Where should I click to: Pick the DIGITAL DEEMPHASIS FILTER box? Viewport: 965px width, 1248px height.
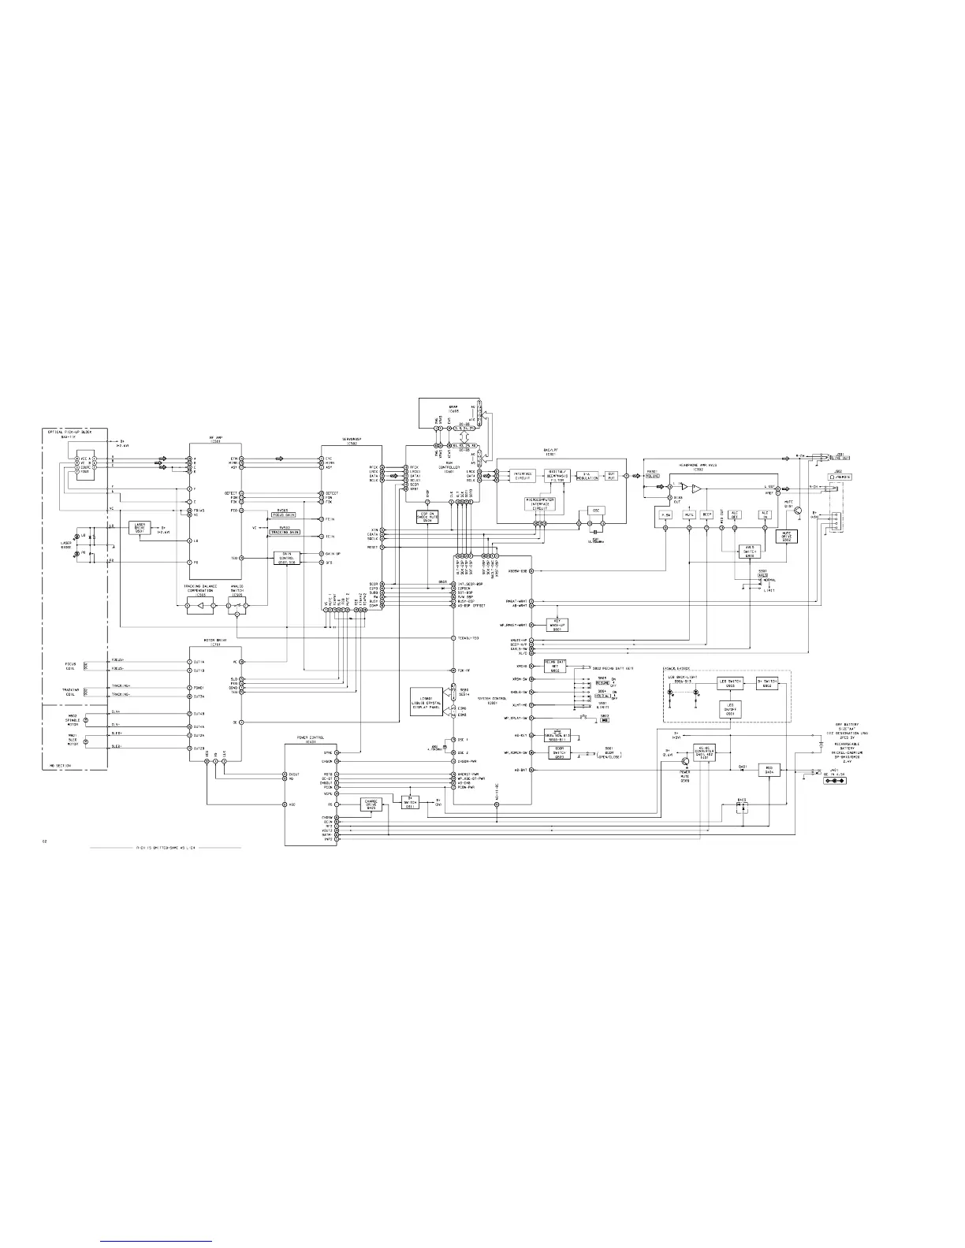click(561, 476)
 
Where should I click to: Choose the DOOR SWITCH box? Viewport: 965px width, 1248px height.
click(559, 752)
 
